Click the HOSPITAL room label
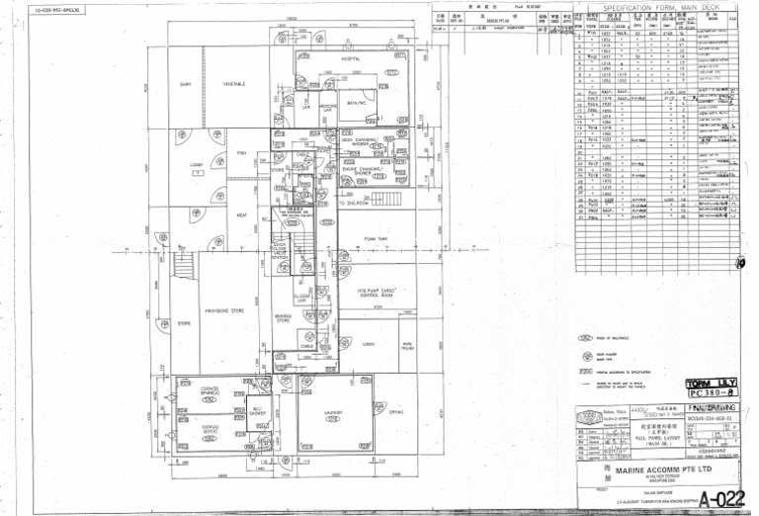[342, 59]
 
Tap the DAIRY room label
[185, 84]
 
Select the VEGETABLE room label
[234, 84]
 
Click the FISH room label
[241, 153]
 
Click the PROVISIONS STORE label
[223, 309]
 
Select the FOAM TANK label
[376, 238]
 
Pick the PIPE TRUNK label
[407, 345]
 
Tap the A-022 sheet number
[718, 498]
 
